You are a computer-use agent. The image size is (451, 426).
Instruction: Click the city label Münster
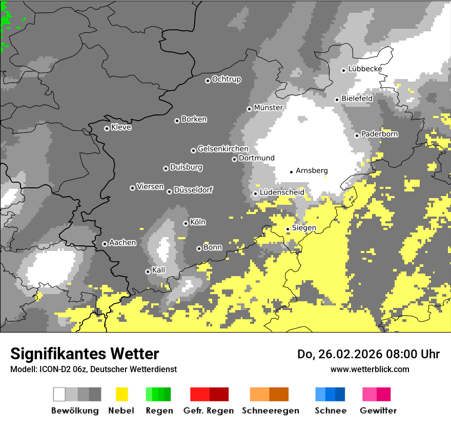click(x=268, y=108)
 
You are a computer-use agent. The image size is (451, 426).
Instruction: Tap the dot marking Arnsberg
click(x=291, y=172)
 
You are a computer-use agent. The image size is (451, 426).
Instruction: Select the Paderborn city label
click(x=379, y=134)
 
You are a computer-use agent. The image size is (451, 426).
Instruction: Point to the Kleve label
click(x=121, y=127)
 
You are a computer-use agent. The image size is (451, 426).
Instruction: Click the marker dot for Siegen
click(x=288, y=229)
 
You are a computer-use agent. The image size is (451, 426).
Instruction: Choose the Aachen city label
click(x=122, y=243)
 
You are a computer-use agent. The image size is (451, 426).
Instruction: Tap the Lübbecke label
click(x=365, y=69)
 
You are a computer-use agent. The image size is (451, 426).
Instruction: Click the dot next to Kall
click(x=148, y=272)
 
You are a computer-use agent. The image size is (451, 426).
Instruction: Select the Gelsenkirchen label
click(x=223, y=149)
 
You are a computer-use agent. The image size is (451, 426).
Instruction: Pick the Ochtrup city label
click(x=226, y=80)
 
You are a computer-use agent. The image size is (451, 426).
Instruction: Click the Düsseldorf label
click(x=193, y=190)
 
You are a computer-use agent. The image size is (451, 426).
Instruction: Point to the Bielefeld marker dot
click(x=337, y=100)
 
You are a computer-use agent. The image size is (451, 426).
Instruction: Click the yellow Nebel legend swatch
click(x=121, y=394)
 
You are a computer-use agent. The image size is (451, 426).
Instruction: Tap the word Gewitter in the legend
click(x=378, y=411)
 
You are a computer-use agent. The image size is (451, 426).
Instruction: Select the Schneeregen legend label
click(x=270, y=411)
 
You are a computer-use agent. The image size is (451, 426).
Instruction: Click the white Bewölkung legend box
click(x=59, y=394)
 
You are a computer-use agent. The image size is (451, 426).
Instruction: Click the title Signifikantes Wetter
click(x=85, y=354)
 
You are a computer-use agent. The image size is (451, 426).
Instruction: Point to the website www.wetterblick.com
click(x=370, y=369)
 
